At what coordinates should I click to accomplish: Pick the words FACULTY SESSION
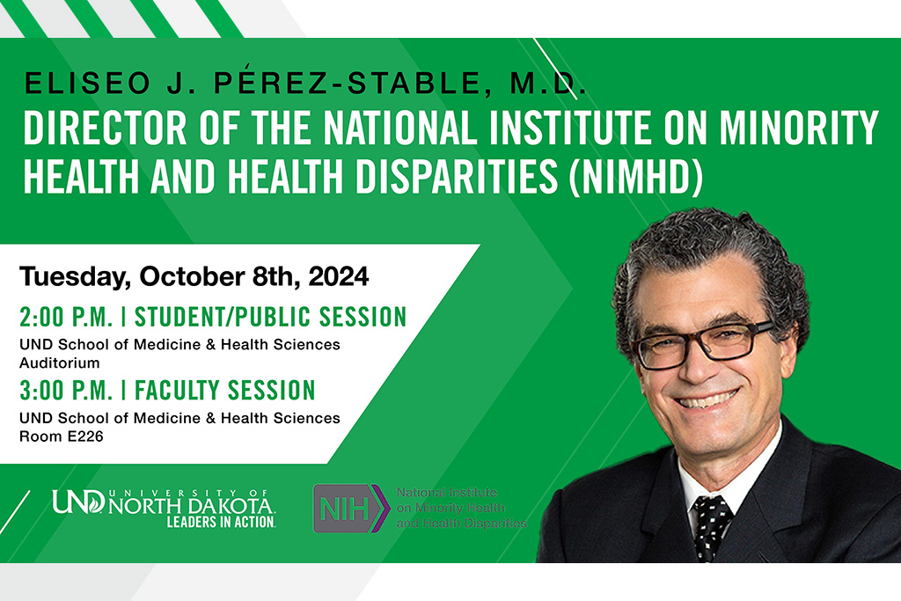click(x=224, y=390)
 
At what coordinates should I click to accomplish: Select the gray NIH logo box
click(x=346, y=509)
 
